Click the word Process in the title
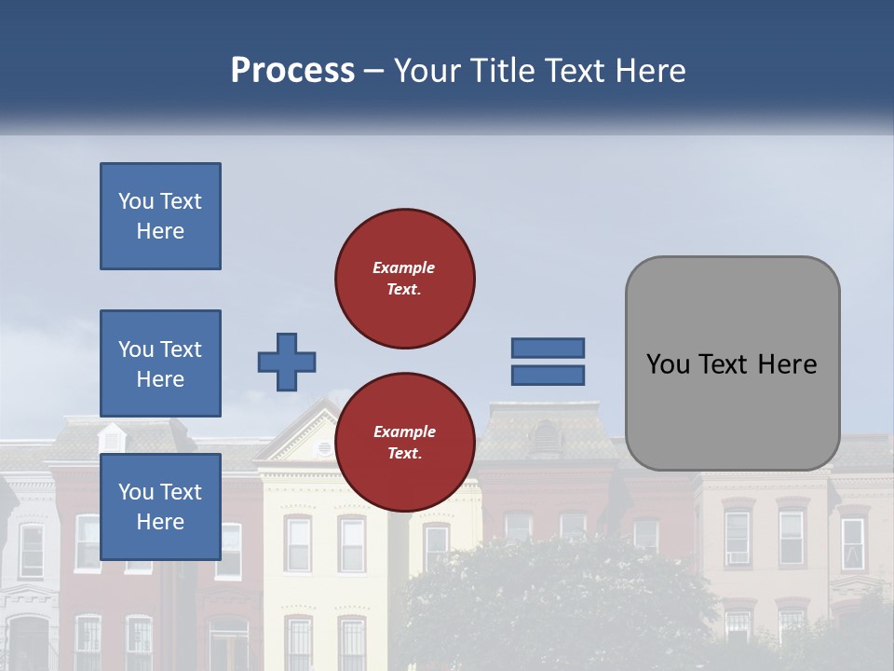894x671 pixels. (292, 71)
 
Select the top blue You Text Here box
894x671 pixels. (160, 216)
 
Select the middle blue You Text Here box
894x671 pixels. (160, 363)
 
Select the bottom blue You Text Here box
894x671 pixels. (160, 506)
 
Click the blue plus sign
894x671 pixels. (287, 362)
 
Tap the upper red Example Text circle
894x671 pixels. (404, 279)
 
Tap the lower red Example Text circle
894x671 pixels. (404, 443)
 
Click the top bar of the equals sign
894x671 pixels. (548, 348)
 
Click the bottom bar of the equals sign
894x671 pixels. (548, 375)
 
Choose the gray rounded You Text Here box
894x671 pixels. (732, 363)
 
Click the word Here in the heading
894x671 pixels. (649, 71)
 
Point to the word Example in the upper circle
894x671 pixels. (404, 267)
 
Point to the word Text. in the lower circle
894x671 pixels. (404, 454)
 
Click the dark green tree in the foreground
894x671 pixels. (559, 606)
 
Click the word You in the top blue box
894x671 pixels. (135, 201)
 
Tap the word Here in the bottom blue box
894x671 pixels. (160, 522)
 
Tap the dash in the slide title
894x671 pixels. (374, 72)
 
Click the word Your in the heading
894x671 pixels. (429, 71)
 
